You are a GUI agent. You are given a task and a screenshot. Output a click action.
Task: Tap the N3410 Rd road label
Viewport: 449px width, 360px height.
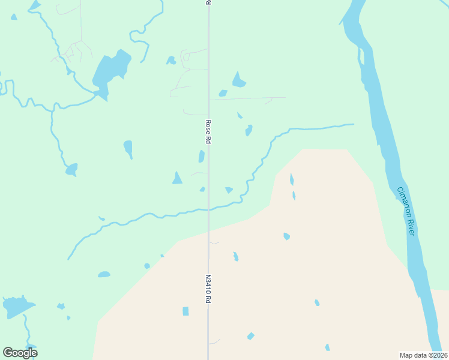(x=208, y=289)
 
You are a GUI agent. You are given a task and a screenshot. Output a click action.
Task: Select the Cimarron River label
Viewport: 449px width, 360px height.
(x=405, y=211)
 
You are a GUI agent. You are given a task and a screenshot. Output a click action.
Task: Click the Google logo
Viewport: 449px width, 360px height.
(x=20, y=353)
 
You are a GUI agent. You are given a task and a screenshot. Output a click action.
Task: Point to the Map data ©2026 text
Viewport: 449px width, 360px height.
(x=423, y=355)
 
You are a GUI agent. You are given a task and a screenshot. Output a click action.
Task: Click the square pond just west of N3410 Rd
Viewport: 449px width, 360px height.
(x=185, y=311)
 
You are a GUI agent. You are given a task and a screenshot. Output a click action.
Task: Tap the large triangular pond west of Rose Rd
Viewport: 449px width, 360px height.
(x=177, y=178)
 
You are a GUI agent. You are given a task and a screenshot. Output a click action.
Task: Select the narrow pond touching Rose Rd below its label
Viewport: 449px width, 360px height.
(x=202, y=156)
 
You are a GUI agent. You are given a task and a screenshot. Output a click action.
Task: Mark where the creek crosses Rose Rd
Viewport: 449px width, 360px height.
(x=208, y=209)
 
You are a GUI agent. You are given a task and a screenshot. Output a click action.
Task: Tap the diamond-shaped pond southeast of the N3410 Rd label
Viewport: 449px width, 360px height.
(x=250, y=336)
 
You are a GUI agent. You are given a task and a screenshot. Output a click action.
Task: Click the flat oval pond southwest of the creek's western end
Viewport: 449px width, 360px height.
(x=104, y=275)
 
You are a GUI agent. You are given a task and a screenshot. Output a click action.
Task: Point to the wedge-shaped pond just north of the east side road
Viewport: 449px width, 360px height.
(x=239, y=80)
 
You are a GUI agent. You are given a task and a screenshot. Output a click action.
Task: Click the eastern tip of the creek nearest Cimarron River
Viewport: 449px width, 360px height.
(x=352, y=124)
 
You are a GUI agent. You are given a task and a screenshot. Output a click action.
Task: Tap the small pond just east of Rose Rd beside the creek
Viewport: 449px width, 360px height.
(x=229, y=190)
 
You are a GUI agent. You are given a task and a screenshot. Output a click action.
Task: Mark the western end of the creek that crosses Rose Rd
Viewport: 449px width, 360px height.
(x=68, y=259)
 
